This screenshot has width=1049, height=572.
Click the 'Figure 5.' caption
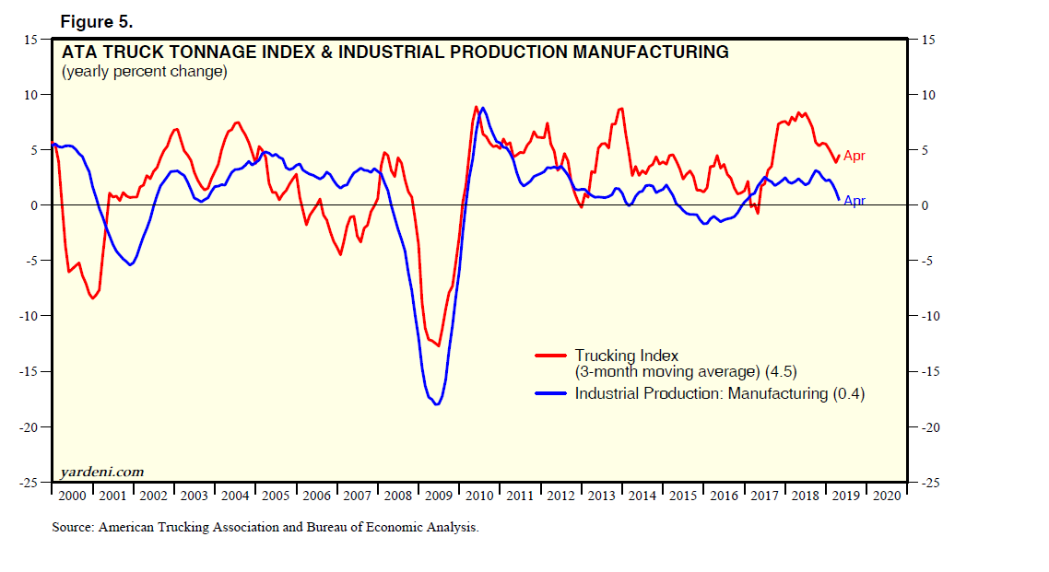click(96, 21)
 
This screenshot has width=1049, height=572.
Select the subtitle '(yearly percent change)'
click(144, 71)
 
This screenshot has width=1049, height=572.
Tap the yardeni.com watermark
click(102, 472)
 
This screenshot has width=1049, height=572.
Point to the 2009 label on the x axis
click(439, 496)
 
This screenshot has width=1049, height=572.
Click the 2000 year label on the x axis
click(71, 496)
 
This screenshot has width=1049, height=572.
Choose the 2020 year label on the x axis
click(887, 496)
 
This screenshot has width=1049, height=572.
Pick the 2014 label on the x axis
click(642, 496)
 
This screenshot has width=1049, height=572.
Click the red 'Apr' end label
click(855, 157)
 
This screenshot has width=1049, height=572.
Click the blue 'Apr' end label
click(855, 201)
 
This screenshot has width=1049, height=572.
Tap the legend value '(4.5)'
click(779, 372)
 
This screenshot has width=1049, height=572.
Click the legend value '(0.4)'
click(848, 393)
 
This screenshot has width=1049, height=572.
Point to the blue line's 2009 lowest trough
click(436, 403)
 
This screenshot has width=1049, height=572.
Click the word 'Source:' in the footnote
click(73, 528)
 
